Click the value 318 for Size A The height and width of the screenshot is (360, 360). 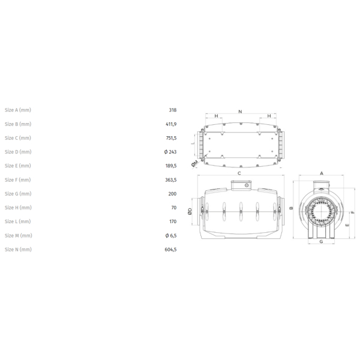173,110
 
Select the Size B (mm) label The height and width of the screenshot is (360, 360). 18,124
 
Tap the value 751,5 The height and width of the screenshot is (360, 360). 171,138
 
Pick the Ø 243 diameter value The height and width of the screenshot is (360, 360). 170,152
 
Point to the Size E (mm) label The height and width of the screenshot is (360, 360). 17,166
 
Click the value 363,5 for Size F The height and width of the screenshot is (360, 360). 171,180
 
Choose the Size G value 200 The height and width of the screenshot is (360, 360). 172,194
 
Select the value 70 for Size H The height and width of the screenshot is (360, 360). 174,208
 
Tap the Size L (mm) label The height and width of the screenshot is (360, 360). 17,221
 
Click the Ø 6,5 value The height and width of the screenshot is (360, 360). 171,236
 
